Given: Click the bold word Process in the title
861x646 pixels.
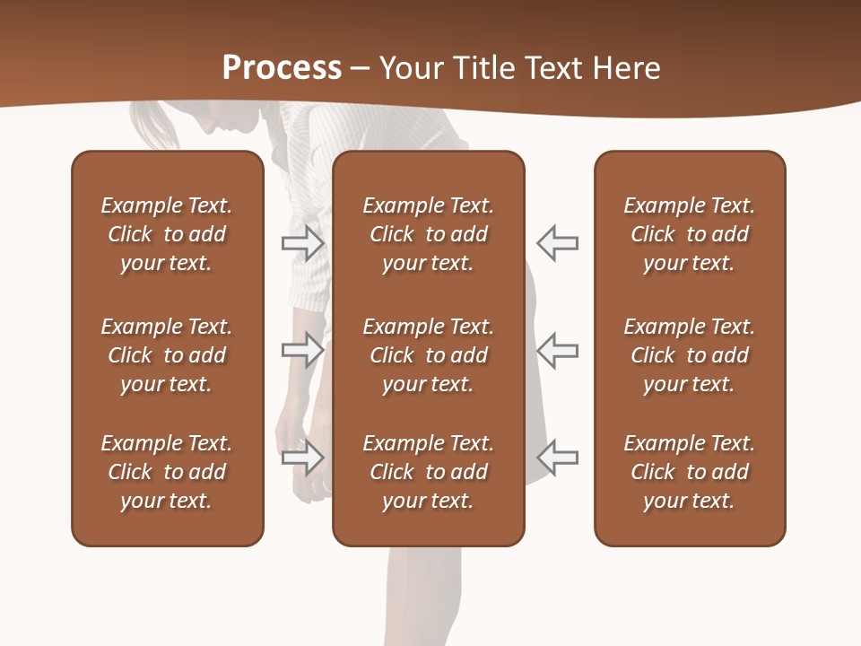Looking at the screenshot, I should (x=282, y=68).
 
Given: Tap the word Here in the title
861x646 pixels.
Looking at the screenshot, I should (x=622, y=68).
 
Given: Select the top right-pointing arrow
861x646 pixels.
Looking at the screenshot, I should (x=303, y=242).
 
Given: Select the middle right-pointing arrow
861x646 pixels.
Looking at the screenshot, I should (x=303, y=350).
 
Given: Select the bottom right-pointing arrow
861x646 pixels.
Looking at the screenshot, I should (x=303, y=458).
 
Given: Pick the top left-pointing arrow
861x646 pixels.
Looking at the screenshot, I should (x=557, y=242).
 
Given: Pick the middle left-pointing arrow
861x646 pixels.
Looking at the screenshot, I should (x=557, y=350).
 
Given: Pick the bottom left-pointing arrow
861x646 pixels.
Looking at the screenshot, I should (x=557, y=458).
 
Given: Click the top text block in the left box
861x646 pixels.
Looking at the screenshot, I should (x=167, y=234).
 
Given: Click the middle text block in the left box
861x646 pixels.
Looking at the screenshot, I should (x=167, y=355).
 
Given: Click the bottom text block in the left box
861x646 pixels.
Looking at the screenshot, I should (x=167, y=472).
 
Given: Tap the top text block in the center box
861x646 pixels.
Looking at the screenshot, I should (x=428, y=234).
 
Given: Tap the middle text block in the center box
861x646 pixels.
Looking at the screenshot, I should (x=428, y=355).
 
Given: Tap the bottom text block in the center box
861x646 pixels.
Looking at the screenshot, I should (x=428, y=472).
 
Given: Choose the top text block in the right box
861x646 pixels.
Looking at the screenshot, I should (x=689, y=234).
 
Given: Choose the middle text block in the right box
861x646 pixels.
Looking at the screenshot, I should (x=689, y=355).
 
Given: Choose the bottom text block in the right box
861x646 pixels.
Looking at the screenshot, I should (x=689, y=472).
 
